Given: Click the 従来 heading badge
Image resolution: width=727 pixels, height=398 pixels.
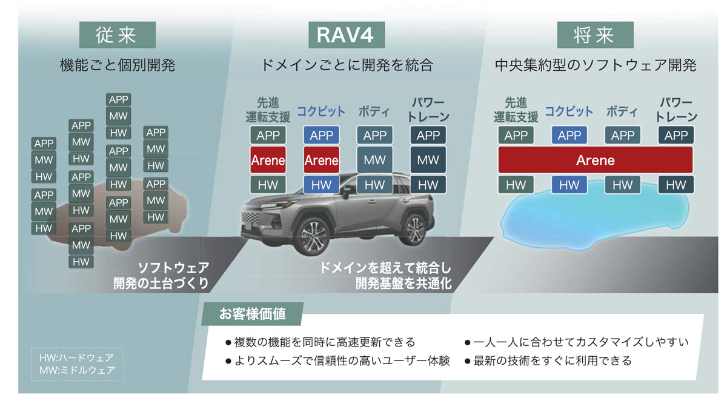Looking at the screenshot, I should point(118,36).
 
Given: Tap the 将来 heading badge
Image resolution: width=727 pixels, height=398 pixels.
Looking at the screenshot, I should point(595,36).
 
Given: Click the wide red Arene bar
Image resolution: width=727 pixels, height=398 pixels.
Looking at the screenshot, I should point(595,160).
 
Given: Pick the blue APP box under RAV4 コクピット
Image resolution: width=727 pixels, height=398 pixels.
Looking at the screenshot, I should point(321,135).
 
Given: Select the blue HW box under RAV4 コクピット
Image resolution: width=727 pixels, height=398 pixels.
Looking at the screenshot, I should point(321,185).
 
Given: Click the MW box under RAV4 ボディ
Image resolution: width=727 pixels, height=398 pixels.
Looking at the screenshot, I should point(374,160).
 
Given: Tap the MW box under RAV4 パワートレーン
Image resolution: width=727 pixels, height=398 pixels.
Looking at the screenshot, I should point(428,160).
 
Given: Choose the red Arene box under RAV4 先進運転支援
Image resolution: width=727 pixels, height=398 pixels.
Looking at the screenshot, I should point(268,160).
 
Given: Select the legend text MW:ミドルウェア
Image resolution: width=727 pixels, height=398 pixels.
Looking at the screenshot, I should point(77,370).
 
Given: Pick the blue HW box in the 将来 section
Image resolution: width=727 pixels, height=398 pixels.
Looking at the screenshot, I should point(569,185).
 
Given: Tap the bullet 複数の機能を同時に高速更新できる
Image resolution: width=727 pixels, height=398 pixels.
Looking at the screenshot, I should point(324,342).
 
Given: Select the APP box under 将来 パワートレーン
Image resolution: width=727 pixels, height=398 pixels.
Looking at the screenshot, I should point(676,135).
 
